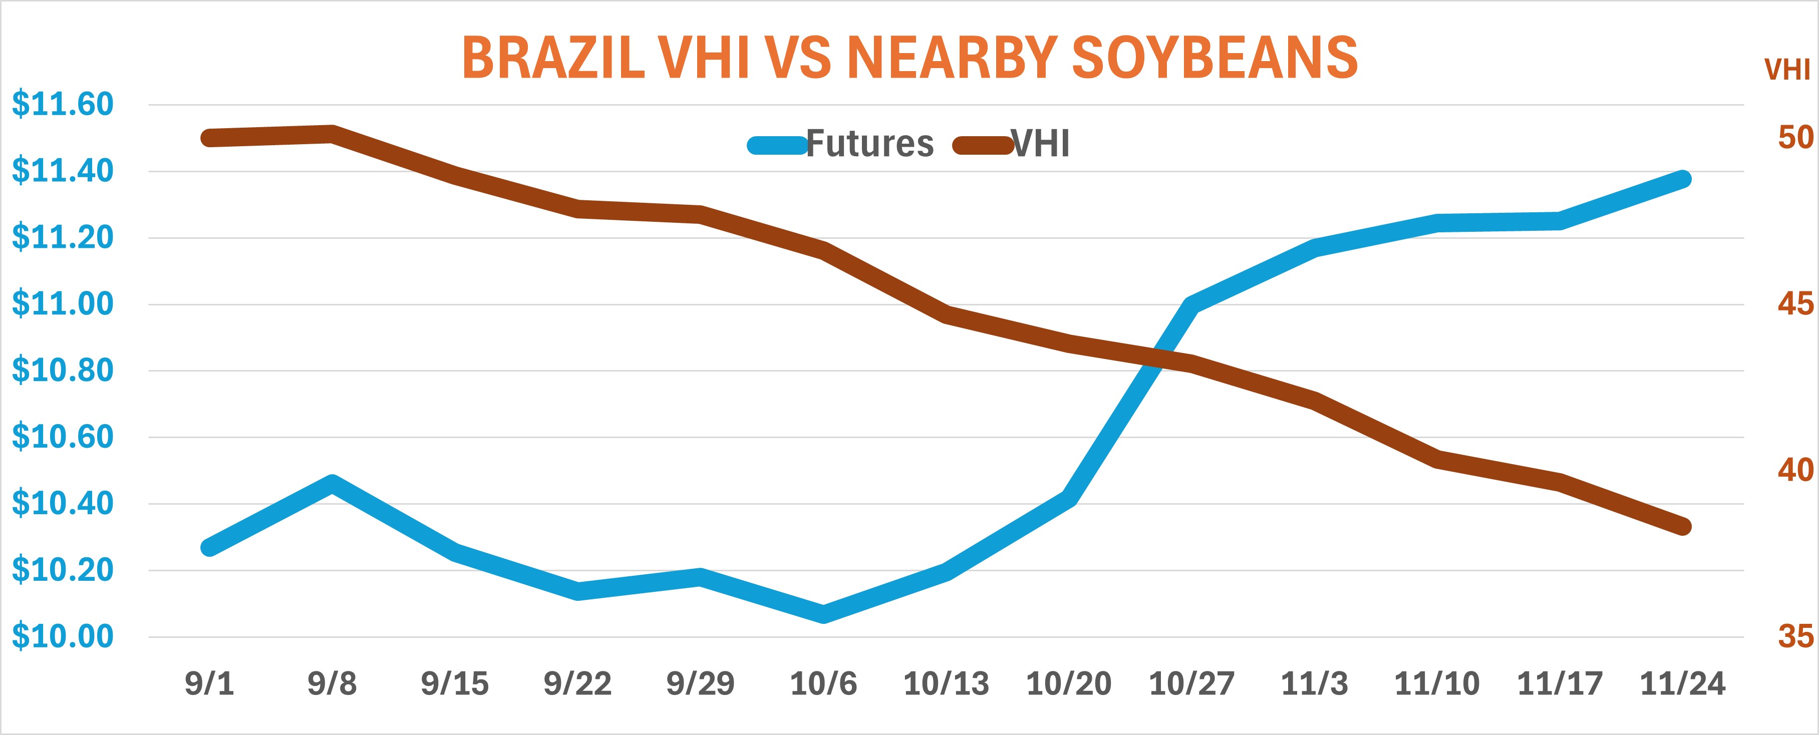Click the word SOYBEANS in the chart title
click(x=1215, y=58)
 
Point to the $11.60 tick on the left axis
click(x=62, y=105)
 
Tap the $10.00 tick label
click(x=62, y=637)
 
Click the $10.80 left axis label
click(x=62, y=371)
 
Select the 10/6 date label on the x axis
click(x=823, y=683)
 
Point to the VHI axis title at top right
click(x=1786, y=70)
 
